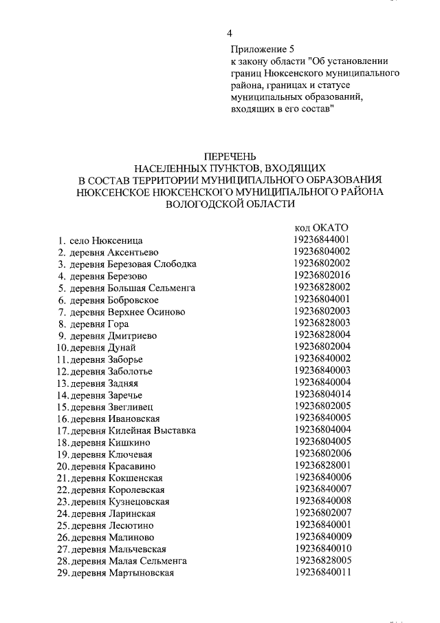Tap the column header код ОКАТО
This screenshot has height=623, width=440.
point(322,228)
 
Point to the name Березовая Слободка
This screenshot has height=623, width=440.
point(152,264)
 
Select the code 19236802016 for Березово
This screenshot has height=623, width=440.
point(322,275)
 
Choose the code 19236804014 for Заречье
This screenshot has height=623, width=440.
point(322,394)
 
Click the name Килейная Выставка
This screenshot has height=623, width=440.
point(152,430)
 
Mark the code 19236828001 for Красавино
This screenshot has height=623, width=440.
point(322,466)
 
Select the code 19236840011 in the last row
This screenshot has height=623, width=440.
point(322,573)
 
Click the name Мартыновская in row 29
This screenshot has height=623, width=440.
point(141,573)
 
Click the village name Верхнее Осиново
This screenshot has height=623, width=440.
point(146,312)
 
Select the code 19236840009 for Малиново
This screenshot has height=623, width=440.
point(322,537)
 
